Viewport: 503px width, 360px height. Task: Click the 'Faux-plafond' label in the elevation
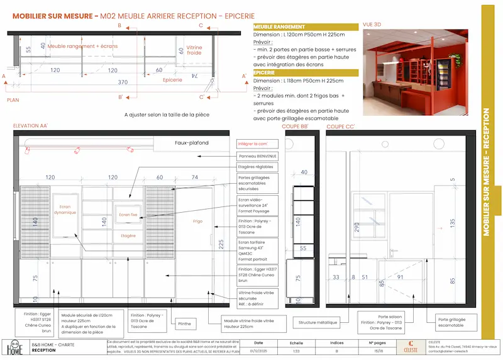(191, 143)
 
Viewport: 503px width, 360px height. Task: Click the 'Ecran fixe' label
(128, 215)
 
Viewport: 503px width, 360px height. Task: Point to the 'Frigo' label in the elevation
(197, 221)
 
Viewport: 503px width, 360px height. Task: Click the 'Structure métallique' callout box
(318, 322)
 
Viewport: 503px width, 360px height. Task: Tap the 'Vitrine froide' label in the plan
(194, 50)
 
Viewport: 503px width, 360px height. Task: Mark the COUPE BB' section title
(295, 127)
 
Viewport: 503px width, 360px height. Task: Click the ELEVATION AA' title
(31, 127)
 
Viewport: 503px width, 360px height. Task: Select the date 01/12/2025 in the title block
(259, 351)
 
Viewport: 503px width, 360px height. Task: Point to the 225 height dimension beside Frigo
(221, 244)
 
